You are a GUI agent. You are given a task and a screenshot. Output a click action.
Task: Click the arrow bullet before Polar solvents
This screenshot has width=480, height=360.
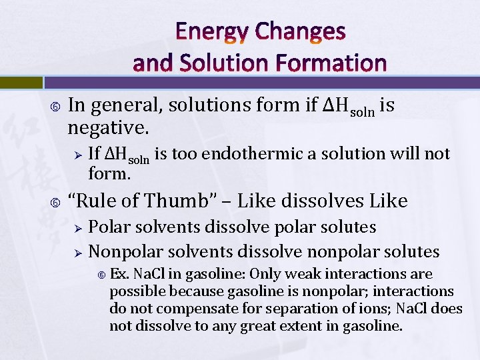77,228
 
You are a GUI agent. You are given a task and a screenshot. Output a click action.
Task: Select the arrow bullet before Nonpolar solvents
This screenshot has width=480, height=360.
77,253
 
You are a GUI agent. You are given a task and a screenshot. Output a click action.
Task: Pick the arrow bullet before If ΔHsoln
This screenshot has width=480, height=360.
77,154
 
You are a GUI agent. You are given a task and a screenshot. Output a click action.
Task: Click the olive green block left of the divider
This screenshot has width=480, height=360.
21,82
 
